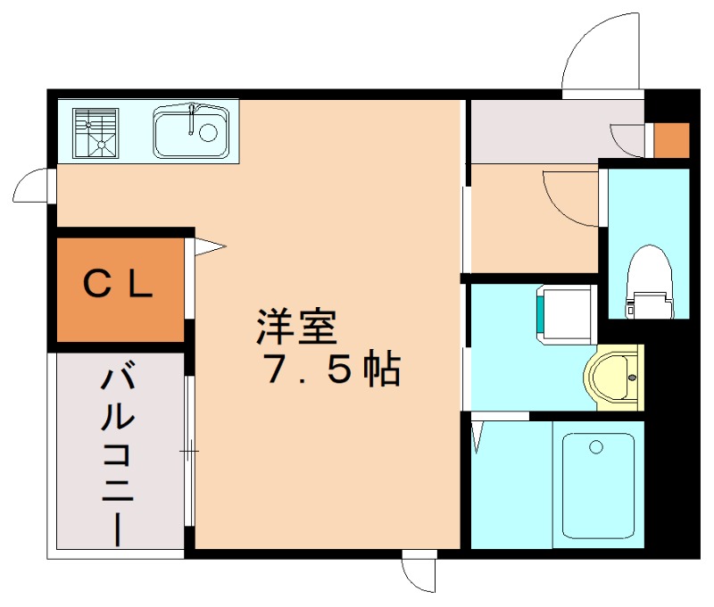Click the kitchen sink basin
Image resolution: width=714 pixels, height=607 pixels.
(191, 132)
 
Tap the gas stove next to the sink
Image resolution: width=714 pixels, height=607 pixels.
(96, 132)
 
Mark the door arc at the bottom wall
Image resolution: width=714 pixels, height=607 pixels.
(419, 572)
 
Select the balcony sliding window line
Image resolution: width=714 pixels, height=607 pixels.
(189, 451)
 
